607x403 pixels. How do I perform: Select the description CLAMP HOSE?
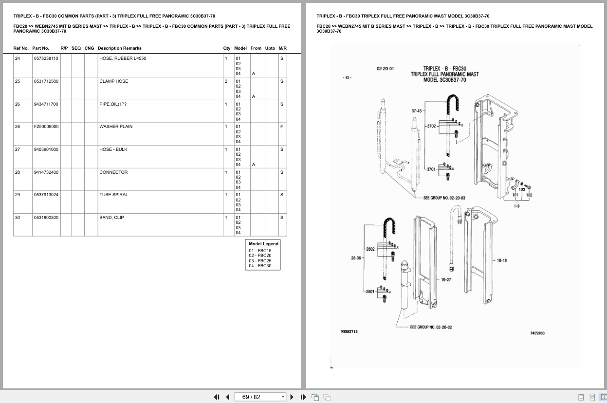coord(113,81)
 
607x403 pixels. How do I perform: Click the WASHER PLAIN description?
coord(116,127)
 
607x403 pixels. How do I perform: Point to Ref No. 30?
coord(18,218)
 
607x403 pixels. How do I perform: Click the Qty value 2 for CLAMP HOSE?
coord(226,81)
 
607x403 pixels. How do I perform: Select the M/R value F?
coord(281,127)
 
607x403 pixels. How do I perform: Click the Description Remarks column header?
coord(119,48)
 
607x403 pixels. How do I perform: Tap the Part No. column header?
coord(40,48)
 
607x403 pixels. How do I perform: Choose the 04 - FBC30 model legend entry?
coord(260,266)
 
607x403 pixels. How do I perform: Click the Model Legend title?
coord(263,244)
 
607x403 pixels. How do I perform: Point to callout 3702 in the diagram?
coord(431,126)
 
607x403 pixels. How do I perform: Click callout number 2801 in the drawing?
coord(370,292)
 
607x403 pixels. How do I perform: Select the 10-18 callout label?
coord(501,260)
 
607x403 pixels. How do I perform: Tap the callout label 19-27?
coord(446,280)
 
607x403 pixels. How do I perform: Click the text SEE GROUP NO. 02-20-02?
coord(431,327)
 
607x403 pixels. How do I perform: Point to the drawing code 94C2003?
coord(537,333)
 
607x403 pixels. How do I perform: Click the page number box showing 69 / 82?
coord(260,397)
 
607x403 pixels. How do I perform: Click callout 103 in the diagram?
coord(522,189)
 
